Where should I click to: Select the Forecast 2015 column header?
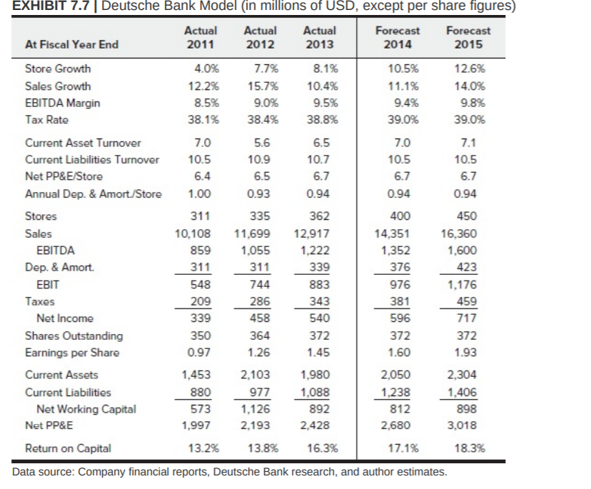pos(468,37)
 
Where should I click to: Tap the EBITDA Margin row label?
pos(62,103)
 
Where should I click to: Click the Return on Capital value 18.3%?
pos(469,448)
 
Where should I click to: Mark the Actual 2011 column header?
pos(201,37)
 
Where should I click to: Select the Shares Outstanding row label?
pos(74,336)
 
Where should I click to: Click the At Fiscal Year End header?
pos(71,44)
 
